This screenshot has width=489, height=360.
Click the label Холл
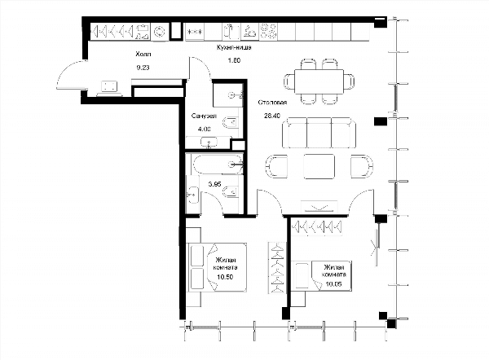(143, 55)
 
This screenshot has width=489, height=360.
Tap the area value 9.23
(143, 68)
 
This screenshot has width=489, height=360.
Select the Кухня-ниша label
(234, 48)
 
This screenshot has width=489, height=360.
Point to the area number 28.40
(272, 116)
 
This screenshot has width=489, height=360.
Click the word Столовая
(272, 103)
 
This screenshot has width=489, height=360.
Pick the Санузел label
(204, 116)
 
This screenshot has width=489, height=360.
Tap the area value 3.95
(214, 184)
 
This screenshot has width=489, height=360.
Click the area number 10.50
(225, 277)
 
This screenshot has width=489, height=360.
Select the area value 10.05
(333, 283)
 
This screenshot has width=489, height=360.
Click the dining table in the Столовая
(319, 81)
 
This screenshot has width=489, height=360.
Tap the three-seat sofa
(319, 133)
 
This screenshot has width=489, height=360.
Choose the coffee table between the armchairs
(319, 166)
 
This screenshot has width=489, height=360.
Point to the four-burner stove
(268, 31)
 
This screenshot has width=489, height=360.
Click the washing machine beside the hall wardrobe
(160, 32)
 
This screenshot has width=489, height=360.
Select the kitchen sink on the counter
(231, 32)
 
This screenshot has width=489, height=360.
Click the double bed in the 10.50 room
(217, 267)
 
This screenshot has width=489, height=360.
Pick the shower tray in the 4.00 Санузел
(228, 94)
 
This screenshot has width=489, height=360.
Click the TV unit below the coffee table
(319, 207)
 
